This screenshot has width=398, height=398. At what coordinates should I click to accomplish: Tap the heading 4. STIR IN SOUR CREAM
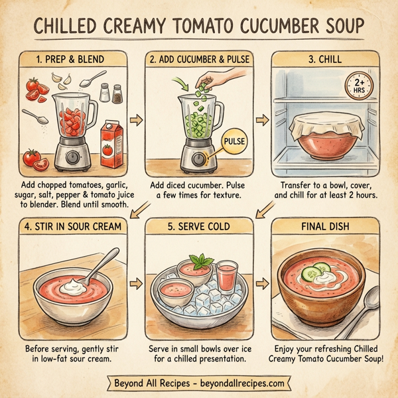coord(74,227)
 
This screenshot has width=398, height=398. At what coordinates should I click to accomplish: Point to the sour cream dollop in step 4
coord(72,286)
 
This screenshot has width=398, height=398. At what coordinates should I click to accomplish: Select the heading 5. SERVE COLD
coord(199,227)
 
